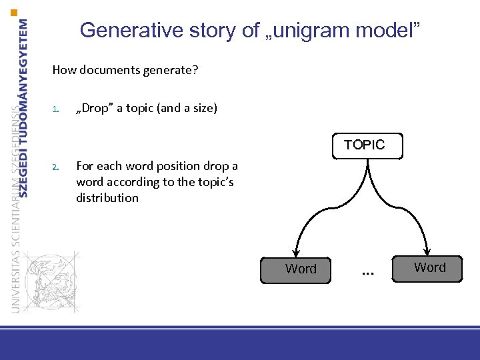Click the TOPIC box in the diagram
[365, 145]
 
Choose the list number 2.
[56, 167]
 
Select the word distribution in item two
[107, 198]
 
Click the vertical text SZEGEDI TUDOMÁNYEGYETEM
[24, 107]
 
